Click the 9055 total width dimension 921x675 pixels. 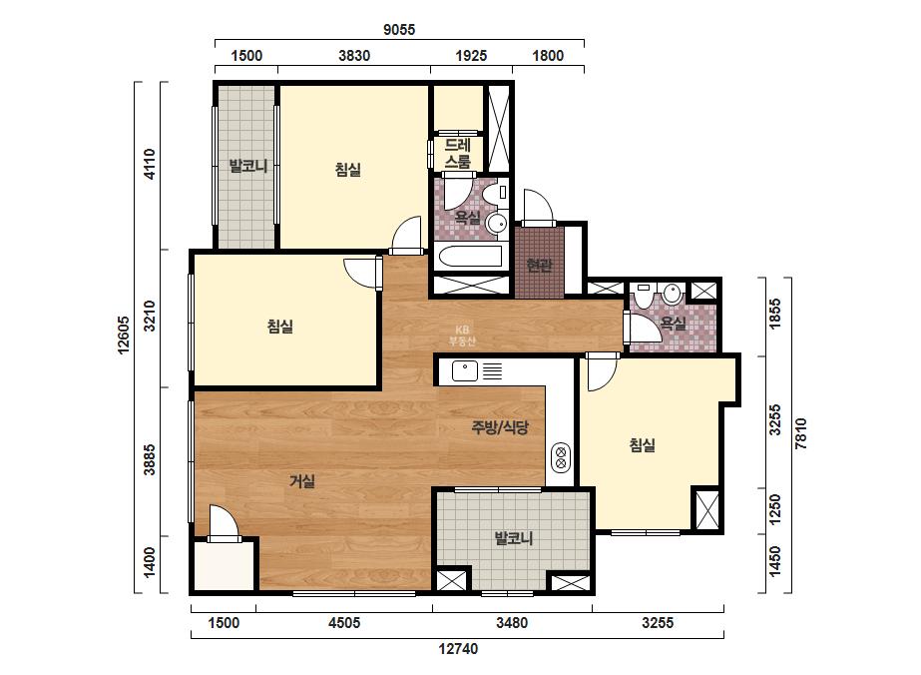point(399,29)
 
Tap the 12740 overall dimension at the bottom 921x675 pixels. point(458,649)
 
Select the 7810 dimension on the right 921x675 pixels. point(800,433)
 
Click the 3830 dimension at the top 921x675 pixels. point(354,56)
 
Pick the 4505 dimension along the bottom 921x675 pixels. point(344,623)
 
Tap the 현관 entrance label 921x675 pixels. point(539,265)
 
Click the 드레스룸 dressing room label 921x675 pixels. point(458,154)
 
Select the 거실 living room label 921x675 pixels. point(302,481)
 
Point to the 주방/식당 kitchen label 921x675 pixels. point(500,427)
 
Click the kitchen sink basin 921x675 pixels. point(465,371)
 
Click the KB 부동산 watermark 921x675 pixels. point(462,336)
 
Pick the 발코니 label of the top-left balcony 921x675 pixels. point(247,167)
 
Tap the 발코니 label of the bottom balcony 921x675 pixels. point(513,538)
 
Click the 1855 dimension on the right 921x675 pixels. point(775,314)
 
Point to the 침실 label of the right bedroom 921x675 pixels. point(642,445)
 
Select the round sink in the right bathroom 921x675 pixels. point(672,293)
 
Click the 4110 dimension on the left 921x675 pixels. point(150,164)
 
